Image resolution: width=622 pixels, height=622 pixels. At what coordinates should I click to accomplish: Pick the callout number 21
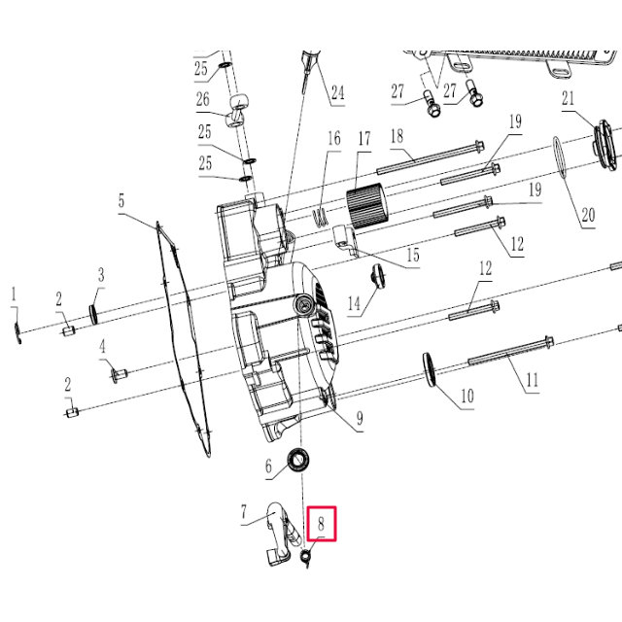click(x=569, y=98)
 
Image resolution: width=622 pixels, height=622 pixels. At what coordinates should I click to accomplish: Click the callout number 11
click(x=532, y=380)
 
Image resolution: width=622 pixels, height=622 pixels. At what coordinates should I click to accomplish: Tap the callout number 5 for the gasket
click(x=121, y=201)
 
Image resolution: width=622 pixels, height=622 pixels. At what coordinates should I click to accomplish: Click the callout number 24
click(x=337, y=93)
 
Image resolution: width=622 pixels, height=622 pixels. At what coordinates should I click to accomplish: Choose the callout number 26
click(x=202, y=100)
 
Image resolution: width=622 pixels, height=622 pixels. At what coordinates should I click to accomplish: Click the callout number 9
click(x=360, y=419)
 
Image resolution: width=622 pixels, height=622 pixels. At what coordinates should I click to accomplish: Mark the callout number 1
click(x=14, y=294)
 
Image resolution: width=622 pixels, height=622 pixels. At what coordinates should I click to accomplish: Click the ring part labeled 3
click(x=95, y=313)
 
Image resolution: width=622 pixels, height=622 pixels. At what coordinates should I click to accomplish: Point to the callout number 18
click(x=397, y=136)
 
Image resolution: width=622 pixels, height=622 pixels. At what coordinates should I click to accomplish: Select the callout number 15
click(x=413, y=256)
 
